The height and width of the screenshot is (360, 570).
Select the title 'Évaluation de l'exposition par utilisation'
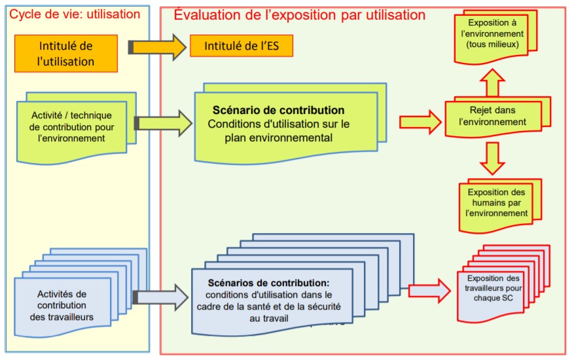click(299, 14)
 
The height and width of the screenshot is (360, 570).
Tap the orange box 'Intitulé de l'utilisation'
click(66, 54)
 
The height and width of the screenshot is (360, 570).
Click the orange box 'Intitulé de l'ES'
click(240, 46)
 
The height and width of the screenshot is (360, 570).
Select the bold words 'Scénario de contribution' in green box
click(278, 110)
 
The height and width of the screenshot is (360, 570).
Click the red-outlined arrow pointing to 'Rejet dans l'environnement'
click(419, 121)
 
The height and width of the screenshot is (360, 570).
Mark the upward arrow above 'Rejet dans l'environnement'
click(493, 83)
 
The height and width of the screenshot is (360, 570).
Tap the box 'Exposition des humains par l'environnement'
click(497, 203)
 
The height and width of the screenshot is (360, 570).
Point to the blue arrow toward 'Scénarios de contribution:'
click(160, 297)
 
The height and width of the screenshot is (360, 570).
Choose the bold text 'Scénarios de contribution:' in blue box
click(268, 283)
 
